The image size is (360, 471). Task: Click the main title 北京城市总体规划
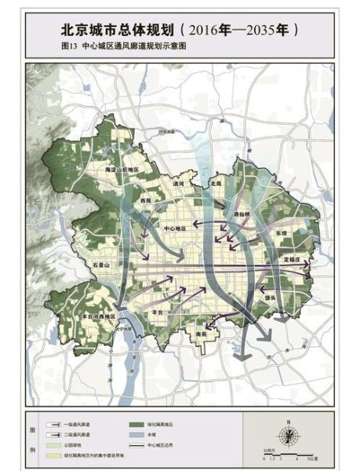click(x=118, y=30)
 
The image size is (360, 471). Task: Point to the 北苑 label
click(x=216, y=183)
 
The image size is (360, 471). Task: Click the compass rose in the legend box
click(x=291, y=430)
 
